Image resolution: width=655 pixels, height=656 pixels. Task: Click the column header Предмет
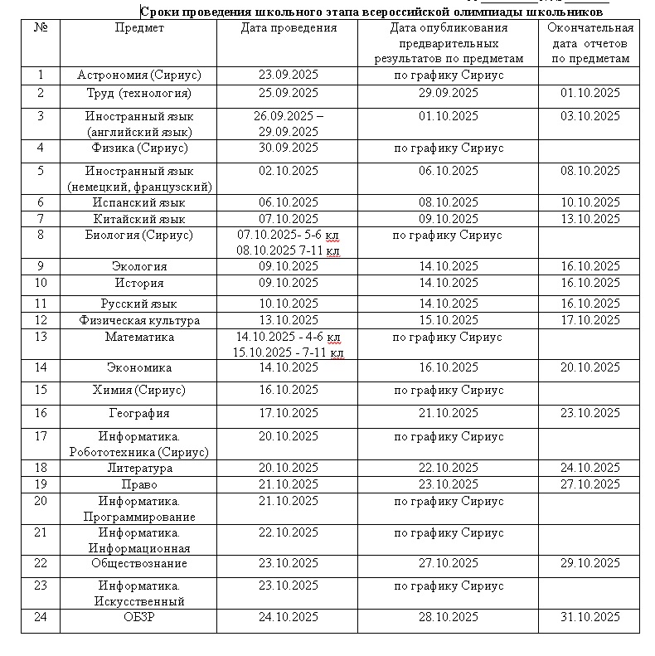tap(138, 28)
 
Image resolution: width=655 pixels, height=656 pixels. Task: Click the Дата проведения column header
tap(289, 28)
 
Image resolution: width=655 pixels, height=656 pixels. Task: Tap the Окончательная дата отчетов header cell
tap(589, 43)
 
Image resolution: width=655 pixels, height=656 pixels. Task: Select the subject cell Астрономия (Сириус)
tap(138, 75)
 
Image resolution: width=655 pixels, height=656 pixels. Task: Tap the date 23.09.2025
tap(289, 75)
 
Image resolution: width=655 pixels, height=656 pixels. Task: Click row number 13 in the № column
tap(41, 338)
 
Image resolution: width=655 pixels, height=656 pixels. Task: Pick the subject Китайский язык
tap(138, 220)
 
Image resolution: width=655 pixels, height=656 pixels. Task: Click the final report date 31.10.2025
tap(589, 617)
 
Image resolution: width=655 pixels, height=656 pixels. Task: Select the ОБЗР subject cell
tap(138, 617)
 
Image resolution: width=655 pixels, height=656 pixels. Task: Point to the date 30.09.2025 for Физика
tap(289, 148)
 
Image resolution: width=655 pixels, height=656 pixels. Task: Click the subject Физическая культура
tap(138, 321)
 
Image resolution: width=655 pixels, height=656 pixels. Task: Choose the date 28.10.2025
tap(449, 617)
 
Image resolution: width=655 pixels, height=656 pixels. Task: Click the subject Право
tap(138, 484)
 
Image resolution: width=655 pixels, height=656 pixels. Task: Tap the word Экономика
tap(138, 367)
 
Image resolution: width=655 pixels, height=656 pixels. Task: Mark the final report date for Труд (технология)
tap(589, 93)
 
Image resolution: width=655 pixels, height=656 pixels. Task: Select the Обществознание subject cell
tap(138, 564)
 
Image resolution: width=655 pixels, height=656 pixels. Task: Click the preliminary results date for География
tap(449, 413)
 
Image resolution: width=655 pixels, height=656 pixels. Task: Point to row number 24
tap(41, 617)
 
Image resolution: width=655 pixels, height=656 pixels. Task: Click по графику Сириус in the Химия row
tap(449, 390)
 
